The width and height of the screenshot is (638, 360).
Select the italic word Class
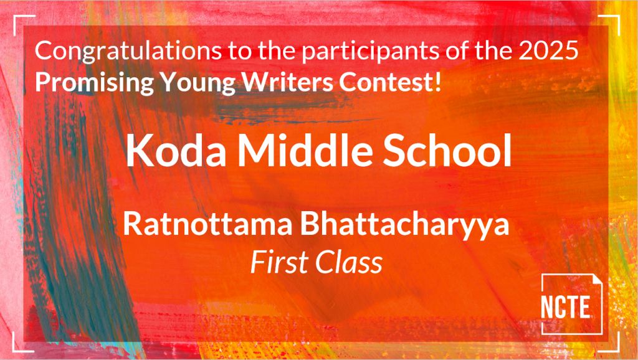tap(349, 262)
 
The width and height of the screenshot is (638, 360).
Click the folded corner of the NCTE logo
tap(596, 279)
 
